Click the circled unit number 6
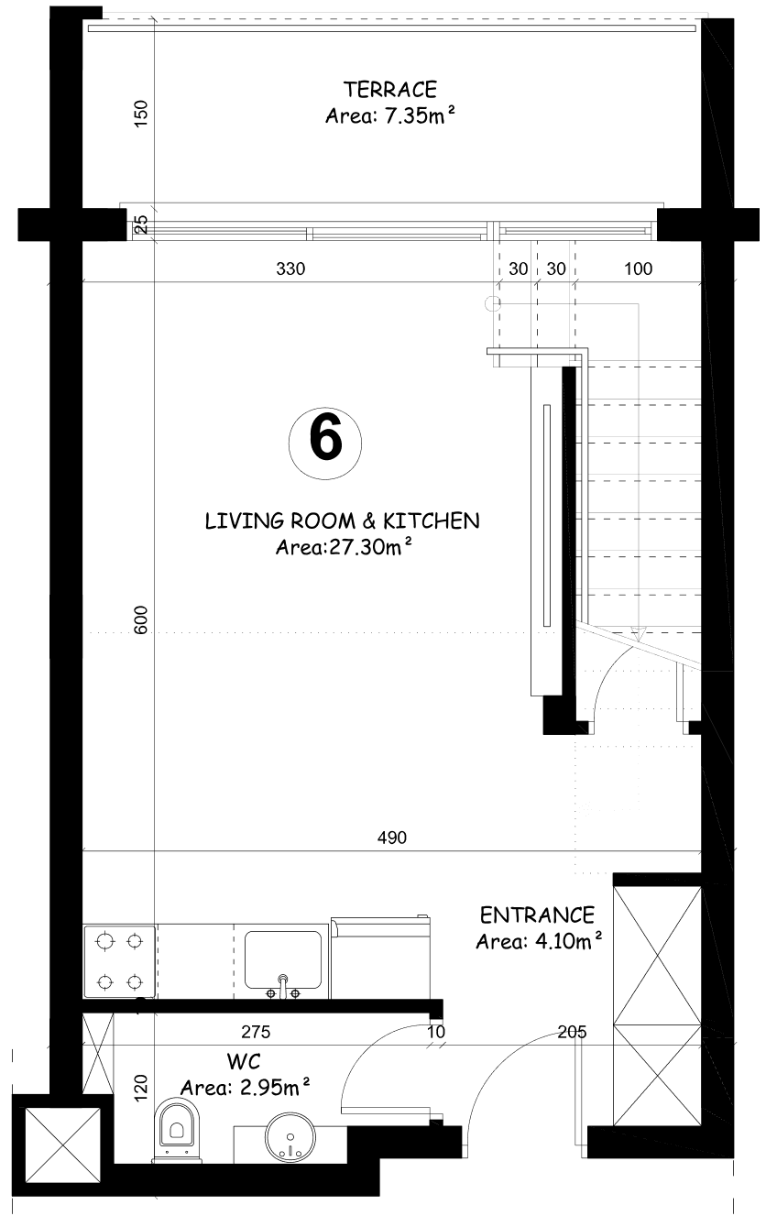click(x=325, y=443)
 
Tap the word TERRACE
click(x=390, y=90)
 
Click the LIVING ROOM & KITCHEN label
click(x=342, y=521)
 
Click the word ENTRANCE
click(x=538, y=915)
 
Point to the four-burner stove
click(x=119, y=962)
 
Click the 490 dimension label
click(x=392, y=838)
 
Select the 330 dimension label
click(x=291, y=268)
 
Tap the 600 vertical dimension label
click(x=140, y=620)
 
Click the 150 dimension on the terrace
click(x=140, y=114)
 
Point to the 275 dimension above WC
click(x=256, y=1032)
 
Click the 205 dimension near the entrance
click(x=572, y=1032)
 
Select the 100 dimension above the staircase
click(x=638, y=268)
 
